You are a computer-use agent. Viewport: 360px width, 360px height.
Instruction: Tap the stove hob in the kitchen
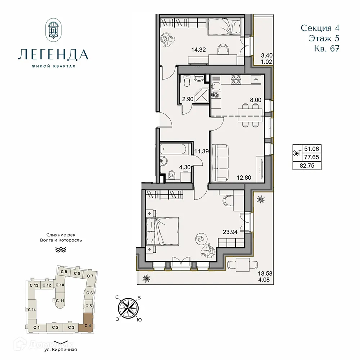[236, 79]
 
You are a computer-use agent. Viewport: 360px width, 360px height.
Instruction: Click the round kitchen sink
[215, 95]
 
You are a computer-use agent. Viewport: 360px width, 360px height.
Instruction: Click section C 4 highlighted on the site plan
[87, 322]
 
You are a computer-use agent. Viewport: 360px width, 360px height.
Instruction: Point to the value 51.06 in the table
[311, 148]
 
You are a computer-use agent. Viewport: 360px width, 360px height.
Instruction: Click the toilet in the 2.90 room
[185, 83]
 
